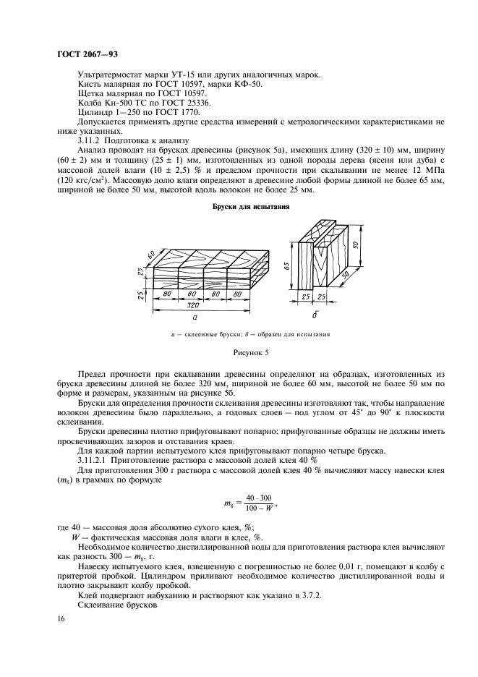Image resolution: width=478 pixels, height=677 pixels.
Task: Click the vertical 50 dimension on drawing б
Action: [x=357, y=246]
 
